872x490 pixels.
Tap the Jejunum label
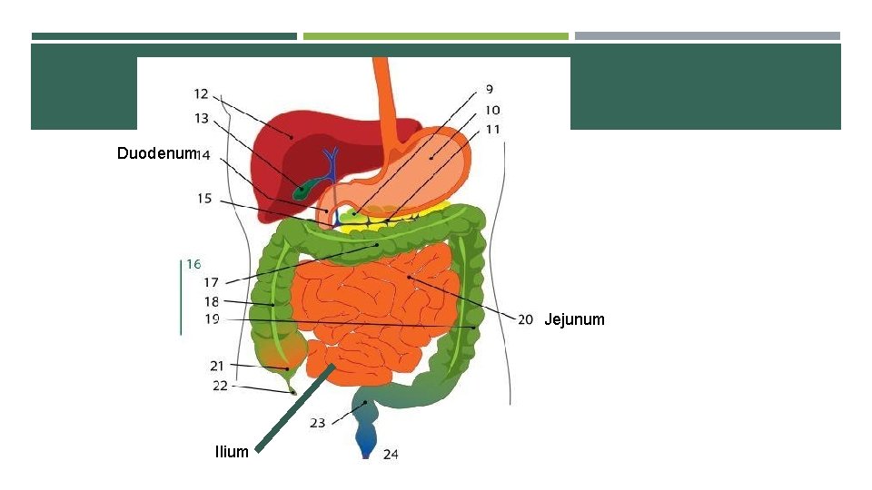574,319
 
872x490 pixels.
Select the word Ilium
232,451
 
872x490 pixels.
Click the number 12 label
201,93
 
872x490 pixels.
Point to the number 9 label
490,90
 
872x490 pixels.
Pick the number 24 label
390,455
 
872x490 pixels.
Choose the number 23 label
318,424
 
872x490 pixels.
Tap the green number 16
193,265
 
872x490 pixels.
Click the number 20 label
525,319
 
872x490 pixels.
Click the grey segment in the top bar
708,36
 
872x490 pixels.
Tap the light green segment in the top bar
435,36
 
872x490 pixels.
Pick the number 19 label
211,318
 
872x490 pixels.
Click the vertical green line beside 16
181,296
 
